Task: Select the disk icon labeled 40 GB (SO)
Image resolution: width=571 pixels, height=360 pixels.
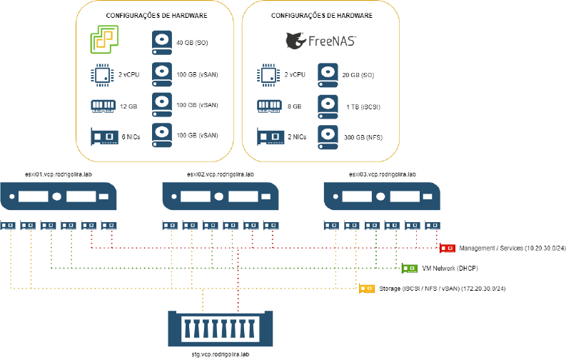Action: tap(162, 41)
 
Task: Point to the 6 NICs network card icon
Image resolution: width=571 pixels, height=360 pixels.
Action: tap(103, 136)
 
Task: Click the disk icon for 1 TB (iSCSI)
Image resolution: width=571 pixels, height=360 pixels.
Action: tap(328, 106)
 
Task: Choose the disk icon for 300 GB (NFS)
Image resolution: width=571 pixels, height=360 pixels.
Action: tap(328, 136)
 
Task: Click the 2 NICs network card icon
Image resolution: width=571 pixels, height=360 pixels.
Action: tap(269, 136)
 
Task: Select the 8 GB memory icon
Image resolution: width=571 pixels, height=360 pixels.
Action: tap(269, 106)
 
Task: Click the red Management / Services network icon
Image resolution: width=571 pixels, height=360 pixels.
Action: tap(448, 248)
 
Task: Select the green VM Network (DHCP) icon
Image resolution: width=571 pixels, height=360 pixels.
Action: tap(410, 269)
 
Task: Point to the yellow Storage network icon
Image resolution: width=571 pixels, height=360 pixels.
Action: tap(365, 289)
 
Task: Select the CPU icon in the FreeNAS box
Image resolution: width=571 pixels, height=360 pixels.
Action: tap(269, 74)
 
